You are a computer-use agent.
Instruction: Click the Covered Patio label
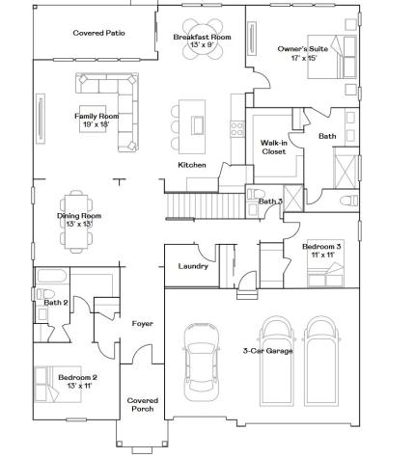98,33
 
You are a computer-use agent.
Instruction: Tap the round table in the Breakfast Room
203,39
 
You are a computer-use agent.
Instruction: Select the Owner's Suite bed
332,57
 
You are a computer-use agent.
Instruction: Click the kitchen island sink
198,125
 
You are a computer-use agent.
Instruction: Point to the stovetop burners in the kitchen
237,128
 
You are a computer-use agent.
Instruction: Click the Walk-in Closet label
274,147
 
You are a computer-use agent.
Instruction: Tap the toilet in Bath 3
256,194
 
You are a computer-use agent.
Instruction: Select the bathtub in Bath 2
52,276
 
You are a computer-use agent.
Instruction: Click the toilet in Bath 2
45,294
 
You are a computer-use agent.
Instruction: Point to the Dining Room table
76,222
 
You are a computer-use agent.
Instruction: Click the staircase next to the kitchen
206,206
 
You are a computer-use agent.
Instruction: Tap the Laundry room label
193,266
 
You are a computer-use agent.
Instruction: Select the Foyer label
142,324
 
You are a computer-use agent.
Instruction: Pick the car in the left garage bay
202,362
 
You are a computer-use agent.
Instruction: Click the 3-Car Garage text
267,351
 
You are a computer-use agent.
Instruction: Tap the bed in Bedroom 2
58,384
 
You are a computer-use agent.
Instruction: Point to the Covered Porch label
143,405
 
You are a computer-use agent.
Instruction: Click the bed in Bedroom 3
325,263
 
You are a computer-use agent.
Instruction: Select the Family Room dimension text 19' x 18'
97,124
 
